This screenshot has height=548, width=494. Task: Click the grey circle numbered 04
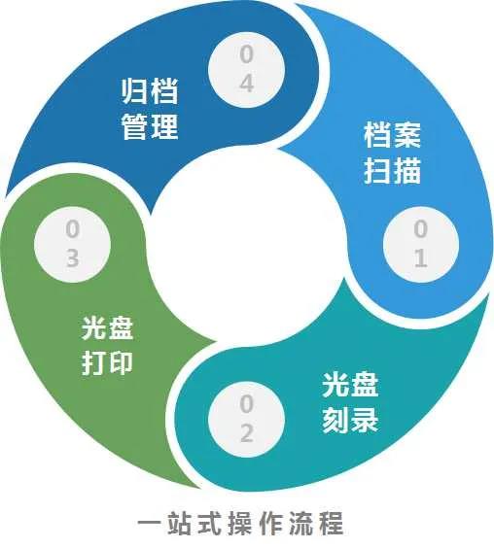point(246,70)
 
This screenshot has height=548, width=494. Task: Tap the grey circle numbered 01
point(421,244)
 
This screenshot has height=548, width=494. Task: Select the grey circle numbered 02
point(246,419)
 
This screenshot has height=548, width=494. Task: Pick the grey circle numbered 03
point(72,244)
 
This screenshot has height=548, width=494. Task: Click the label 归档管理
point(150,109)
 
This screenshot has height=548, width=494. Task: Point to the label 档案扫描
point(392,153)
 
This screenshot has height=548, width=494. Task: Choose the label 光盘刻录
point(350,403)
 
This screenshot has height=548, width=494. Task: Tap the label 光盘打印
point(107,345)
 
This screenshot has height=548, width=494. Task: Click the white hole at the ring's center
point(246,245)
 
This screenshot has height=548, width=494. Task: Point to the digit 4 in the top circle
point(247,84)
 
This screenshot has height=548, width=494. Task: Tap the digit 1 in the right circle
point(421,257)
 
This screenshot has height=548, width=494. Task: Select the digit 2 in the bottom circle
point(247,433)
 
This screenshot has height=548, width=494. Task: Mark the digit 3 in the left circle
point(72,257)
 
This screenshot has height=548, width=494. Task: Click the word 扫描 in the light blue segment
point(392,170)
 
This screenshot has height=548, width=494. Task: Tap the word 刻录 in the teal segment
point(350,420)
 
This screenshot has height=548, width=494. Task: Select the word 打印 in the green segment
point(107,362)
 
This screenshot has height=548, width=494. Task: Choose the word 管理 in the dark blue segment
point(150,126)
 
